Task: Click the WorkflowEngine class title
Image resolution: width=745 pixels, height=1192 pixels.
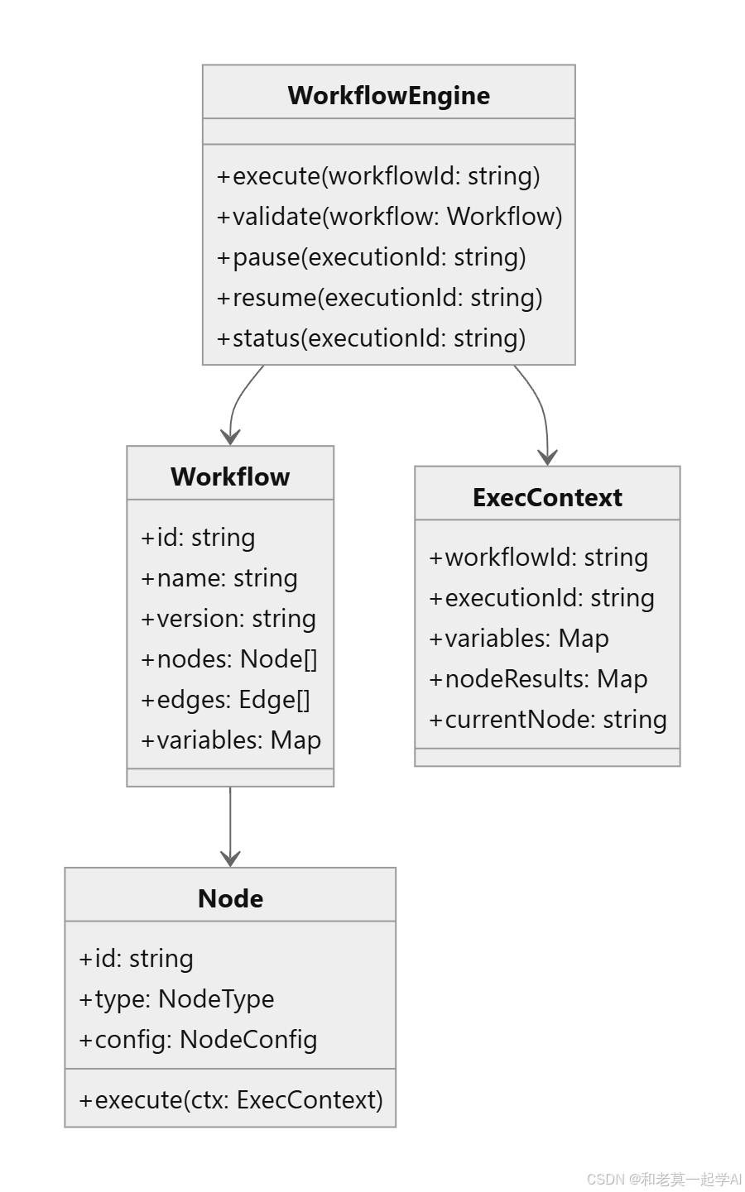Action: pyautogui.click(x=389, y=96)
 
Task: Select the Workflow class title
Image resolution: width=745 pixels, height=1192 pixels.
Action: pyautogui.click(x=230, y=476)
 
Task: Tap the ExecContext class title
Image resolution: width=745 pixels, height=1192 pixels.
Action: pyautogui.click(x=547, y=497)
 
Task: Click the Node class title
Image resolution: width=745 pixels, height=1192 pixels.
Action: pyautogui.click(x=230, y=899)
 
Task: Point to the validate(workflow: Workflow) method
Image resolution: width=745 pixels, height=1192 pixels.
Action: pyautogui.click(x=389, y=217)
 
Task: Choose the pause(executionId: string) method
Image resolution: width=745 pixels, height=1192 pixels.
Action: pyautogui.click(x=371, y=257)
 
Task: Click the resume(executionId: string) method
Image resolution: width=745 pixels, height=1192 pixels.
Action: pyautogui.click(x=379, y=298)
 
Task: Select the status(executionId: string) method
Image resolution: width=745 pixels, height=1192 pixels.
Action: pyautogui.click(x=371, y=337)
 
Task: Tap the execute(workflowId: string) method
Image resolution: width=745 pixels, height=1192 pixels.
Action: pyautogui.click(x=378, y=176)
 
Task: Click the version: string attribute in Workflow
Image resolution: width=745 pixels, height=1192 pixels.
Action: pyautogui.click(x=228, y=619)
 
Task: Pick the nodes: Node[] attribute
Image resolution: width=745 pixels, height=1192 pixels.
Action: pyautogui.click(x=229, y=659)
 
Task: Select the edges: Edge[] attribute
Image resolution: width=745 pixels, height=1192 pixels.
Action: pyautogui.click(x=225, y=700)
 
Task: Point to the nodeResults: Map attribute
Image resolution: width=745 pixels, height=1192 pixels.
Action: pyautogui.click(x=538, y=679)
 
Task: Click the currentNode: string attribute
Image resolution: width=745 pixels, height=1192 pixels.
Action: pyautogui.click(x=548, y=720)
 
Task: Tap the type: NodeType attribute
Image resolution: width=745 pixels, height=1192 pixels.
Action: pyautogui.click(x=176, y=999)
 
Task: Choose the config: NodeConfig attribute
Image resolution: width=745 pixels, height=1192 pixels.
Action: pyautogui.click(x=198, y=1040)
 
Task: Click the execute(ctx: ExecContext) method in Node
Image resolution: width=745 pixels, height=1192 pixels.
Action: pyautogui.click(x=231, y=1100)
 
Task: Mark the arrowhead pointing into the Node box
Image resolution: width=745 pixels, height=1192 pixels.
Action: pyautogui.click(x=230, y=859)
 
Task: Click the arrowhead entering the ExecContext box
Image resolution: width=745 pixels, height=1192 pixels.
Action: pyautogui.click(x=547, y=457)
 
